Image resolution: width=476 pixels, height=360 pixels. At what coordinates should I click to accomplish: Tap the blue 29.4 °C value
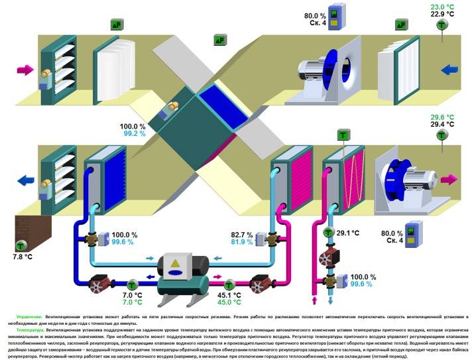click(x=442, y=124)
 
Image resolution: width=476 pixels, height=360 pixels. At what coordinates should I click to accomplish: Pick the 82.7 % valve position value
click(x=243, y=235)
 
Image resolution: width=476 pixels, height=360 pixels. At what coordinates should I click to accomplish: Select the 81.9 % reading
click(x=243, y=242)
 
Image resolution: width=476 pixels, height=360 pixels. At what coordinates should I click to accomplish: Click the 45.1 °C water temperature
click(x=229, y=295)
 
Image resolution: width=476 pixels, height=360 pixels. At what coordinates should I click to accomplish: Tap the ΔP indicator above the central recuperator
click(x=219, y=40)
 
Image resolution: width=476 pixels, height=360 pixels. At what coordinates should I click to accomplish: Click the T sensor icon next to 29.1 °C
click(x=328, y=233)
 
